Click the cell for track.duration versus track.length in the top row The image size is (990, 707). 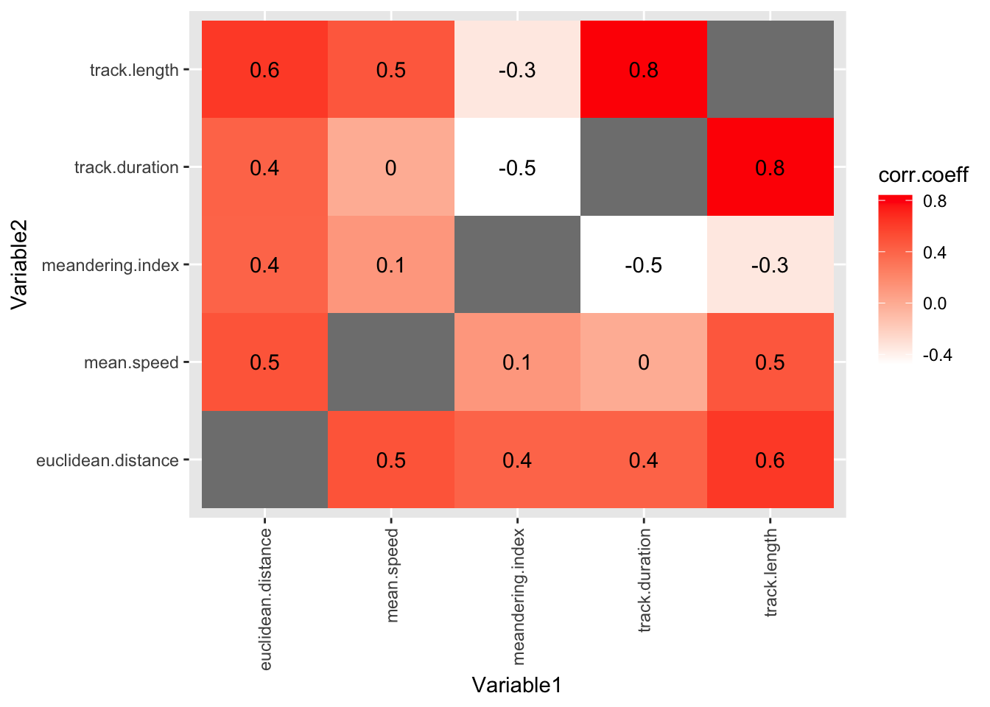coord(644,70)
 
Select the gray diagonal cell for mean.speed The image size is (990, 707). coord(390,362)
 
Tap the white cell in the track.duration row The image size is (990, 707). coord(517,167)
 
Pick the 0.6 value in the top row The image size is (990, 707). coord(264,70)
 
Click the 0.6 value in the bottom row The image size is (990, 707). coord(770,460)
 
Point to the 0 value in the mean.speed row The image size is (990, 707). coord(644,362)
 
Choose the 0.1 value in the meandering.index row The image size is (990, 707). coord(390,264)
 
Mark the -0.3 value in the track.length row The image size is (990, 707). coord(517,70)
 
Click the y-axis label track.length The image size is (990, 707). coord(134,70)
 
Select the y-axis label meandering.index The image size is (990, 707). coord(110,264)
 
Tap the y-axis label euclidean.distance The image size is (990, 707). coord(108,460)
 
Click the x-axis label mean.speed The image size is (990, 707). coord(392,575)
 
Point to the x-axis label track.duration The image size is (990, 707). coord(645,580)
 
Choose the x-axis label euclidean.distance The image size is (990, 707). coord(266,599)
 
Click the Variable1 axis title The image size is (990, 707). coord(517,686)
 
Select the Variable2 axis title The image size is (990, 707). coord(19,264)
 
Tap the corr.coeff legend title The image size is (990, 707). coord(923,175)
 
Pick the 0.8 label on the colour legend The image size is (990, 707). coord(935,201)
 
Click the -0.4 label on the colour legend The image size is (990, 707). coord(938,355)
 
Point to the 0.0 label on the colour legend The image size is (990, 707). coord(935,303)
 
